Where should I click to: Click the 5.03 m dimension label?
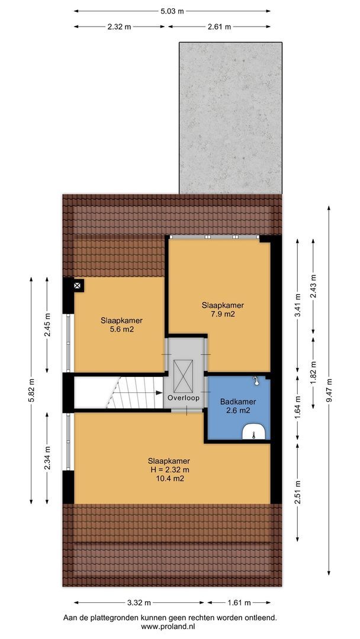[x=172, y=11]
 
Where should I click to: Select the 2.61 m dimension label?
[x=219, y=27]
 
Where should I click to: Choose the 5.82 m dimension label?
[x=32, y=391]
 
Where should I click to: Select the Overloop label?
[x=183, y=398]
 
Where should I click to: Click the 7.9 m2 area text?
[x=223, y=315]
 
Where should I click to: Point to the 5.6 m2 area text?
[x=121, y=330]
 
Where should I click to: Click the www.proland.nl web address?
[x=169, y=626]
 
